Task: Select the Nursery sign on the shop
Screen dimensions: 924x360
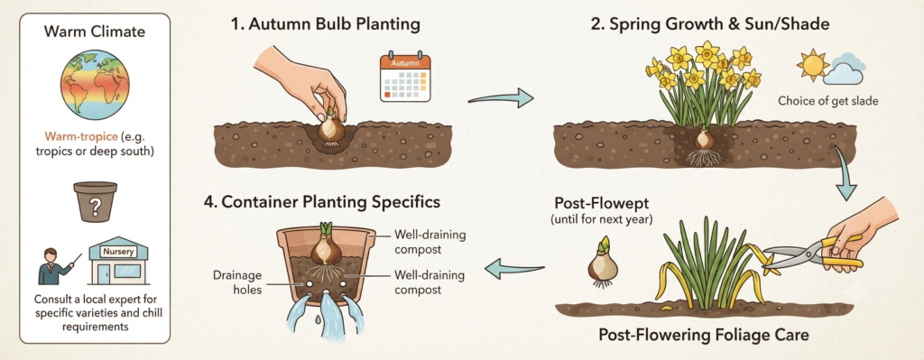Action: (x=118, y=252)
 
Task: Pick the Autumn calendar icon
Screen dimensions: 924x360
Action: (x=405, y=77)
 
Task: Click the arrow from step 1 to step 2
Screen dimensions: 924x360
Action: (x=500, y=97)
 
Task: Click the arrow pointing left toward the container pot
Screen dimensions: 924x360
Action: (x=514, y=269)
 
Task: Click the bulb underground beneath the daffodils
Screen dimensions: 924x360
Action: (x=702, y=141)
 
